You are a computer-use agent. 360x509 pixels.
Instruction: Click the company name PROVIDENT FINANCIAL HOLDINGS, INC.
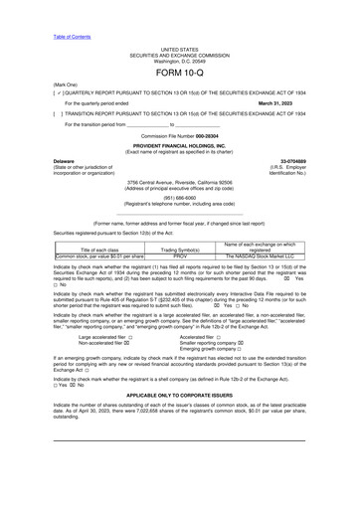[x=179, y=145]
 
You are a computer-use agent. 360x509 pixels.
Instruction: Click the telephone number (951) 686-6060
[x=179, y=197]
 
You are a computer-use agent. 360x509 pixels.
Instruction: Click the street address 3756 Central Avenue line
[x=179, y=183]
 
